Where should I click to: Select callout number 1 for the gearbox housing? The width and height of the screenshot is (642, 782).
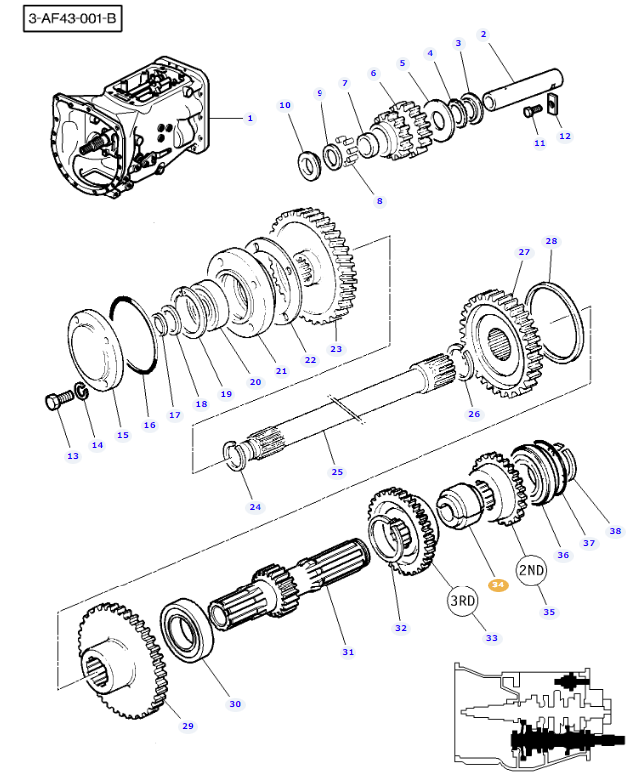250,118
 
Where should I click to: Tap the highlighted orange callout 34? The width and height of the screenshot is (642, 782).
497,585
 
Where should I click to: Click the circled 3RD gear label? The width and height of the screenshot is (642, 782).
462,601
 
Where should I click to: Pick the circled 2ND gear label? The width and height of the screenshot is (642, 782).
531,571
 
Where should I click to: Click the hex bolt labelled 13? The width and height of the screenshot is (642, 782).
56,402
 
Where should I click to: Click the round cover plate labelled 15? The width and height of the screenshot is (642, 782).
95,354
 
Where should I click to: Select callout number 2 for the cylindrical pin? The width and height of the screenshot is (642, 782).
483,34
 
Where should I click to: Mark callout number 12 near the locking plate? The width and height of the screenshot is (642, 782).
564,136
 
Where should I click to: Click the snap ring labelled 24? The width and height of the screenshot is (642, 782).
237,459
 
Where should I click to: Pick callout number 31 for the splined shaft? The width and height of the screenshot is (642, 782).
348,652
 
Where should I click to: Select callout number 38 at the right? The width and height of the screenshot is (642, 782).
615,531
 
